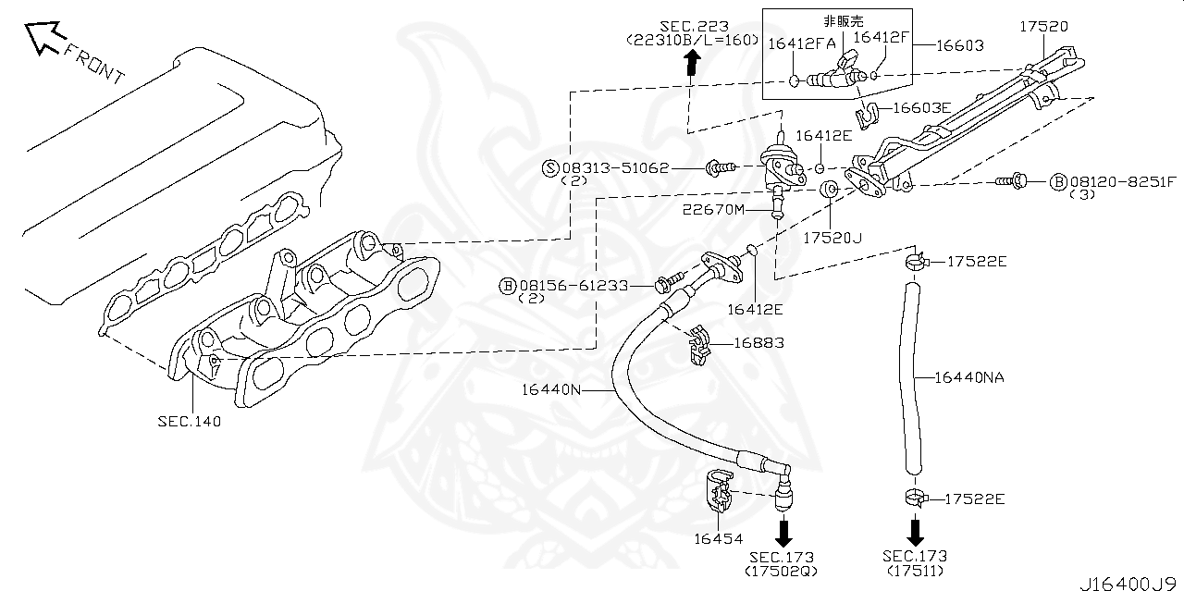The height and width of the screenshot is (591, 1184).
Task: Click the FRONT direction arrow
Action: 43,38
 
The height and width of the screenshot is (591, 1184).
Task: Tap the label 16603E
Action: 921,108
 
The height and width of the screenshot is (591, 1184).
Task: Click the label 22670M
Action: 714,210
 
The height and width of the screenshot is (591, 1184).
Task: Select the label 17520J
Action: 832,238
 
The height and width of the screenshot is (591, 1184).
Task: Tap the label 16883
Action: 758,343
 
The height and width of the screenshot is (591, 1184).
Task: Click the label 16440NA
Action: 968,376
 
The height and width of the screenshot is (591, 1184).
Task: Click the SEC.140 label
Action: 190,420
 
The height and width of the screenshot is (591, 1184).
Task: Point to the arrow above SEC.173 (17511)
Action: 915,532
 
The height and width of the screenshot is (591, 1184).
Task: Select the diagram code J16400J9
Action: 1130,583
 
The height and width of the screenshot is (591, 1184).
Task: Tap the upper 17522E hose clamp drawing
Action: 913,262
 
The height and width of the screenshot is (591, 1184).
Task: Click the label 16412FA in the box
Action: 801,43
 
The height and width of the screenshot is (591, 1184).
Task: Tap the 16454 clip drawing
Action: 720,492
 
